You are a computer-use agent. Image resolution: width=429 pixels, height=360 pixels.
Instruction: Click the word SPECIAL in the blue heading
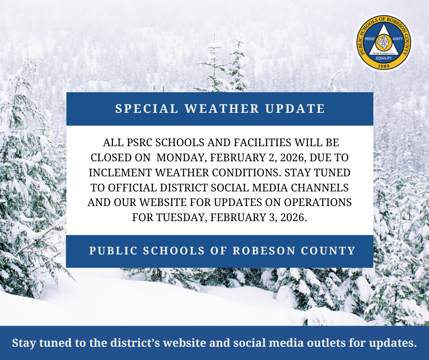tap(146, 108)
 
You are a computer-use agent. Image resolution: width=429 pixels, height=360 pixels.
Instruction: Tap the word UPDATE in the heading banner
tap(295, 108)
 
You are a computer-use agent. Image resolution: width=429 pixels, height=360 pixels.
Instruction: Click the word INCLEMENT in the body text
tap(120, 173)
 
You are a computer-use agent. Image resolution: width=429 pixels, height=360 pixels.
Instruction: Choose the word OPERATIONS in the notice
tap(318, 202)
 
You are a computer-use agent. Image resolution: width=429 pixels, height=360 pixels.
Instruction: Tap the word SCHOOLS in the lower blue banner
tap(174, 251)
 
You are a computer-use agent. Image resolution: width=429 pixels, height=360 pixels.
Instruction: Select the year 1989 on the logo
tap(383, 66)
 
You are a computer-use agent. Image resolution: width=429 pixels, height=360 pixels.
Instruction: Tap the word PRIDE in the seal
tap(370, 39)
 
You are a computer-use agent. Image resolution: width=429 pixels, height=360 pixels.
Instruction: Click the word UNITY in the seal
tap(398, 39)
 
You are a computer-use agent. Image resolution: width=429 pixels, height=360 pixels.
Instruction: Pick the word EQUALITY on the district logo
tap(383, 58)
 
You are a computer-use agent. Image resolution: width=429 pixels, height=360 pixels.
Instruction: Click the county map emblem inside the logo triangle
tap(383, 42)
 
